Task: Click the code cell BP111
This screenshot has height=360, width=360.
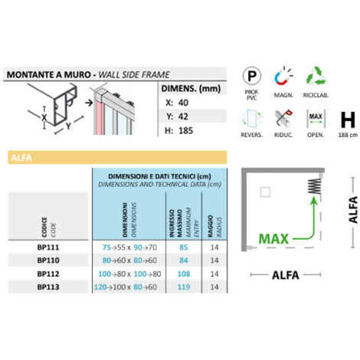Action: tap(48, 247)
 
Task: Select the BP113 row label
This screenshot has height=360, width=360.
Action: tap(48, 286)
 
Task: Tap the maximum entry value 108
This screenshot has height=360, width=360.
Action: tap(184, 273)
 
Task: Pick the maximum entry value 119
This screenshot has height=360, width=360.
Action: tap(184, 286)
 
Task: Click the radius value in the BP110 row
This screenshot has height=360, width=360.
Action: tap(214, 260)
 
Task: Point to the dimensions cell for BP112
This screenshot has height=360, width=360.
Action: tap(129, 273)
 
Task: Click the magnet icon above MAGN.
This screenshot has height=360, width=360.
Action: tap(283, 76)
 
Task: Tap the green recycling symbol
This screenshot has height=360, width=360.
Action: tap(316, 76)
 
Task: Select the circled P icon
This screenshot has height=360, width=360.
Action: tap(252, 76)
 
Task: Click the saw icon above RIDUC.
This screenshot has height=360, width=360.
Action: tap(283, 119)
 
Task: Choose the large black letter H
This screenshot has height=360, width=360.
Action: tap(348, 119)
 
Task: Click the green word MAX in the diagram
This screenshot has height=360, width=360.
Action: tap(273, 239)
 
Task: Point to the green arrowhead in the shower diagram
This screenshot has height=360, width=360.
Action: tap(314, 201)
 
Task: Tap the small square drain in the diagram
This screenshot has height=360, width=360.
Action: tap(265, 192)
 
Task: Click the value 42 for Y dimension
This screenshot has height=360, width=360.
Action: tap(183, 116)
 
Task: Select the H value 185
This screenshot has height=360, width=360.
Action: tap(185, 130)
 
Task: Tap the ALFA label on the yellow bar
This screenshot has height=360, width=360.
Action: tap(21, 158)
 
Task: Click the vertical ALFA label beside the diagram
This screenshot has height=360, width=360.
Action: tap(353, 210)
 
